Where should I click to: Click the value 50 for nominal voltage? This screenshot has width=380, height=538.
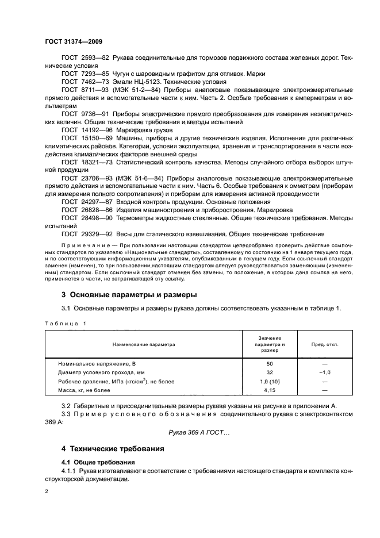[269, 364]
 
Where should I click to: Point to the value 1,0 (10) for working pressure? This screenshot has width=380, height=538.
[269, 381]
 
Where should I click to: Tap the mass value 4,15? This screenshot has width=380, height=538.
[269, 390]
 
